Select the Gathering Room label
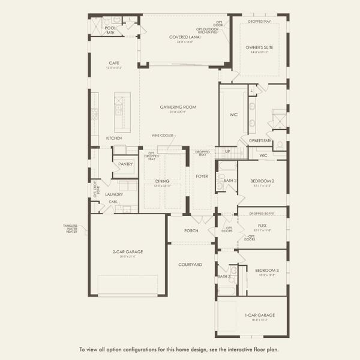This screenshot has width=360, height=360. (178, 107)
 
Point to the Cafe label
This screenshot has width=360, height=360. (114, 62)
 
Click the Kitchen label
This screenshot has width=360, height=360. (114, 138)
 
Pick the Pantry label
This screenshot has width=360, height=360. (125, 164)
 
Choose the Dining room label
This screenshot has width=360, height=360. (162, 181)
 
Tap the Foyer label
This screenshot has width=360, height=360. (201, 175)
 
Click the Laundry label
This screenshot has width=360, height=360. (114, 194)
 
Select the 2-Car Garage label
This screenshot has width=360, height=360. (127, 252)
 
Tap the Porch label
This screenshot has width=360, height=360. (191, 230)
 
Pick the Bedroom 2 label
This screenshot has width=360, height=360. (262, 181)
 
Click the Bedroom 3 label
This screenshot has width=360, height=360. (265, 271)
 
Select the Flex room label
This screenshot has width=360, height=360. (262, 226)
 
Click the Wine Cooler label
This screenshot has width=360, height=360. (162, 136)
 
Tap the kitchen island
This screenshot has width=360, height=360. (122, 112)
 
